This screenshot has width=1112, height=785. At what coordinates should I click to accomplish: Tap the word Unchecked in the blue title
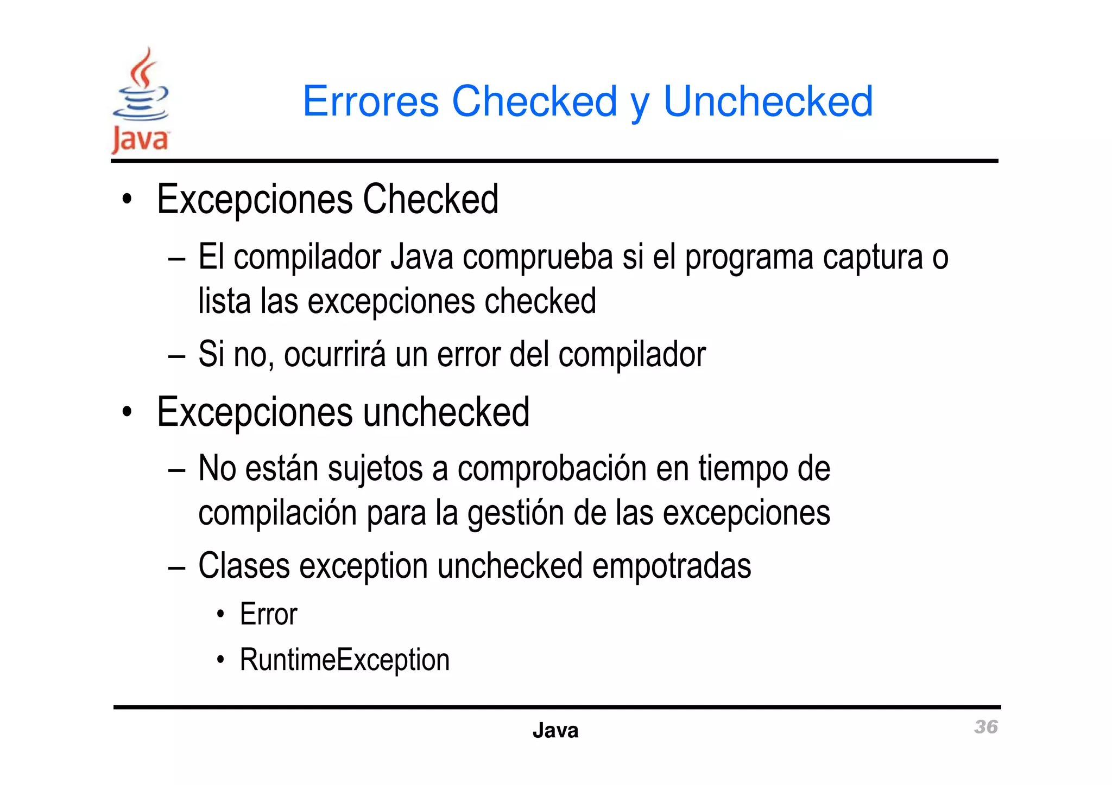click(x=768, y=101)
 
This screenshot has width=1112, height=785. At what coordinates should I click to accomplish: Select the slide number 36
click(x=985, y=727)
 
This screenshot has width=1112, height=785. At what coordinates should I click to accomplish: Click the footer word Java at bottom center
click(x=555, y=731)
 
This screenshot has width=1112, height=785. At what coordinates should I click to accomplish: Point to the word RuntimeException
click(x=345, y=660)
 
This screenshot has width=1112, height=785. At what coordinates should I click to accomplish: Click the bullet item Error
click(x=268, y=615)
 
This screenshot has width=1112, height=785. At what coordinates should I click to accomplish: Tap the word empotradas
click(x=672, y=566)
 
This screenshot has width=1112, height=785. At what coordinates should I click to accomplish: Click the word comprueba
click(x=538, y=257)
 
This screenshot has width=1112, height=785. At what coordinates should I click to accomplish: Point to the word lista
click(x=224, y=301)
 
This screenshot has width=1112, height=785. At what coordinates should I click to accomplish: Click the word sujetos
click(x=375, y=469)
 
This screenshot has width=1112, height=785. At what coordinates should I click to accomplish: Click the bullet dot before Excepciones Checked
click(x=127, y=200)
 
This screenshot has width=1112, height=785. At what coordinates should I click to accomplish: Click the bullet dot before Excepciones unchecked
click(x=127, y=412)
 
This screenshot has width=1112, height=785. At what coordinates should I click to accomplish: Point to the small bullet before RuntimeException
click(x=220, y=660)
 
